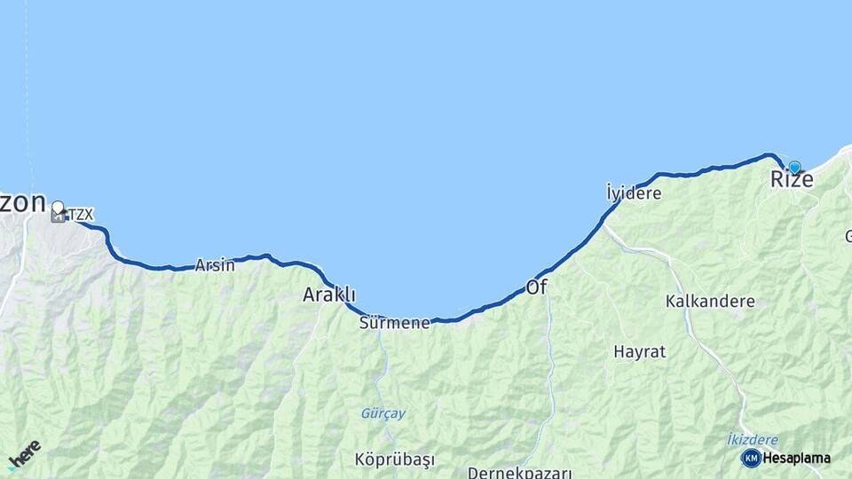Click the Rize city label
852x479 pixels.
791,180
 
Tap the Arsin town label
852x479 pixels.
215,264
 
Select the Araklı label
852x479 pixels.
329,294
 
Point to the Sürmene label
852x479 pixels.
394,323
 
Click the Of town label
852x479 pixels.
536,287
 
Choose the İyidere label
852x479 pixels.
634,192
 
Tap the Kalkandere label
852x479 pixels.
710,302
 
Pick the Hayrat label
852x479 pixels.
639,351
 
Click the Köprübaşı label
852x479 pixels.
395,459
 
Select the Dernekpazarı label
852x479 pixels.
519,472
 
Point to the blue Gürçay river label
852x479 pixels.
383,413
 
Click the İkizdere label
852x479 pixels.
752,440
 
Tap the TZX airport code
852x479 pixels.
81,215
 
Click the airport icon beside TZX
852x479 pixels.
59,216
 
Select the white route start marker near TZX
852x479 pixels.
58,208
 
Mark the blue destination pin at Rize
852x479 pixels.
794,167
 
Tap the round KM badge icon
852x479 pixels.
751,458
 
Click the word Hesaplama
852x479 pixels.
797,459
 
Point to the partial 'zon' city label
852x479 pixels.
22,202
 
